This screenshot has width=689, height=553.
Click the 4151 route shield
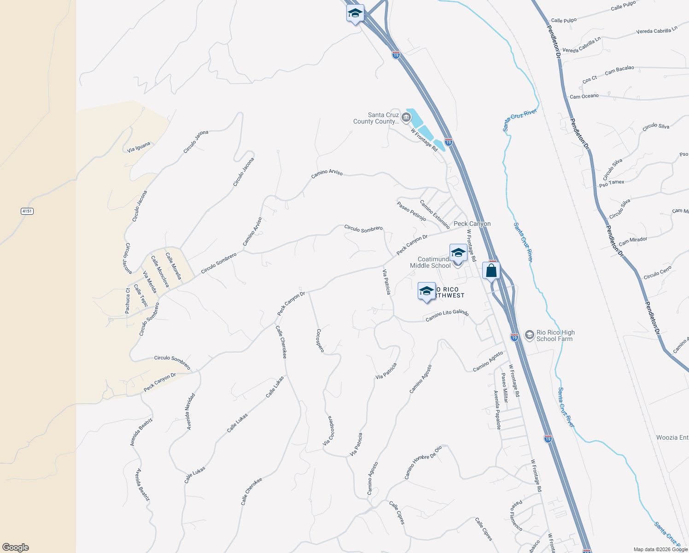pyautogui.click(x=27, y=211)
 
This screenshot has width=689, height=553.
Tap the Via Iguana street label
pyautogui.click(x=139, y=147)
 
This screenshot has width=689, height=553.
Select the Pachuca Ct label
pyautogui.click(x=128, y=301)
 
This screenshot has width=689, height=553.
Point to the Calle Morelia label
pyautogui.click(x=174, y=266)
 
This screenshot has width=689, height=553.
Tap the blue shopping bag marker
pyautogui.click(x=491, y=271)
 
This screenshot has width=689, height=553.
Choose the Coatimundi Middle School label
pyautogui.click(x=430, y=262)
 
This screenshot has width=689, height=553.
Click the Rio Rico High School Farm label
pyautogui.click(x=555, y=335)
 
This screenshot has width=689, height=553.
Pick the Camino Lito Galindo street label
pyautogui.click(x=447, y=315)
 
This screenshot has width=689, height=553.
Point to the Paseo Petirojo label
pyautogui.click(x=411, y=211)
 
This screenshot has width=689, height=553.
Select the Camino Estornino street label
pyautogui.click(x=435, y=214)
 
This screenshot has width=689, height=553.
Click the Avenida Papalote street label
pyautogui.click(x=497, y=410)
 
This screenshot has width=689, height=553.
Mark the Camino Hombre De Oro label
pyautogui.click(x=423, y=462)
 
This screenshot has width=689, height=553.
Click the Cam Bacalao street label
pyautogui.click(x=619, y=70)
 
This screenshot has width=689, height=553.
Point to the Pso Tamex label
pyautogui.click(x=612, y=183)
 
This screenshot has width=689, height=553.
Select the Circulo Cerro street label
pyautogui.click(x=657, y=272)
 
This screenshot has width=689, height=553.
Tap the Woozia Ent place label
pyautogui.click(x=672, y=437)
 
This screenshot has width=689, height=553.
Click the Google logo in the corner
pyautogui.click(x=16, y=547)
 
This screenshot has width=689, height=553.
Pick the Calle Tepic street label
pyautogui.click(x=141, y=296)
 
